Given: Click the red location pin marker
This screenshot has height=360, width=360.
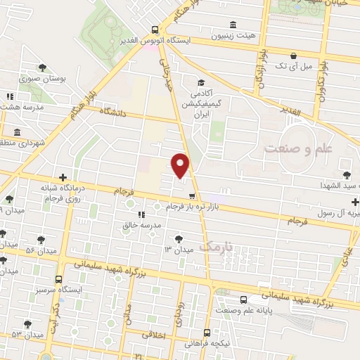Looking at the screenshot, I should (x=181, y=165).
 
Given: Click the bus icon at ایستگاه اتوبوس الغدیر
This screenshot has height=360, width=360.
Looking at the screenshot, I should (x=155, y=30).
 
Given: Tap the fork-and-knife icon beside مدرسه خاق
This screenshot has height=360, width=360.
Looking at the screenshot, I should (x=141, y=214).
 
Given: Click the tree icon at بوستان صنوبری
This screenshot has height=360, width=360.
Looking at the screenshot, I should (x=43, y=68).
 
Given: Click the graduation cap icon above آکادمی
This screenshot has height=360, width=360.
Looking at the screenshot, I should (x=200, y=82).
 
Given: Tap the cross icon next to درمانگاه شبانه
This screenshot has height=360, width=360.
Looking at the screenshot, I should (x=63, y=177).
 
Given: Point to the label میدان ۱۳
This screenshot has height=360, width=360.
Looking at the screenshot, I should (x=178, y=250).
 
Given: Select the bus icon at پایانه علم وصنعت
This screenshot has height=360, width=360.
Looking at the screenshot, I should (x=243, y=299).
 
